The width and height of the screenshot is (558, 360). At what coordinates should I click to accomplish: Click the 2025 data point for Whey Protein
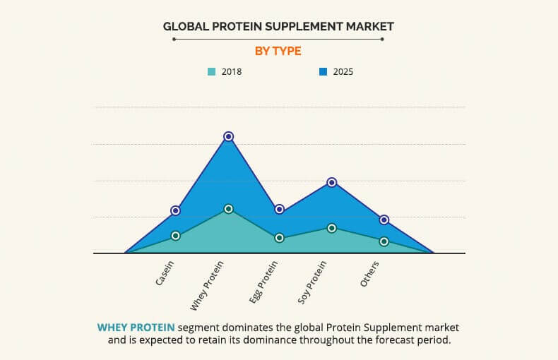(x=228, y=136)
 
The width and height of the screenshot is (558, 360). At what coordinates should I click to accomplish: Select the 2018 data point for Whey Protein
(x=228, y=209)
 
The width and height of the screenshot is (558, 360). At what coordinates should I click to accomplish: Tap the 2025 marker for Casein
(x=176, y=210)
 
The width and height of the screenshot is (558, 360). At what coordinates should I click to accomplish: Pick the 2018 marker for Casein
(x=176, y=236)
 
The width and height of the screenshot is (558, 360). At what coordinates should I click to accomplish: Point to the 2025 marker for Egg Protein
(x=280, y=209)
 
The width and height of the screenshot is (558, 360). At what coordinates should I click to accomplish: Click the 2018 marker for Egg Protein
(x=280, y=238)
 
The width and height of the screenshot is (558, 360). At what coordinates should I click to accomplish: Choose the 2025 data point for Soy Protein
(x=332, y=182)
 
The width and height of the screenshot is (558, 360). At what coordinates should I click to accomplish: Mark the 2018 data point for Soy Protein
(x=332, y=228)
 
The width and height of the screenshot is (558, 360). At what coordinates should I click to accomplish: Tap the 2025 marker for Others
(x=384, y=220)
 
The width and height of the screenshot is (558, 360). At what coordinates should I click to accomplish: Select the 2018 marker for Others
(x=384, y=241)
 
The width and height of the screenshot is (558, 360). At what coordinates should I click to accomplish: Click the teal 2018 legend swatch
(x=211, y=71)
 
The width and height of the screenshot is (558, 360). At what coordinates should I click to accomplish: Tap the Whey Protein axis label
(x=208, y=285)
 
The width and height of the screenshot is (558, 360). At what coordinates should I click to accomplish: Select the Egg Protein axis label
(x=264, y=282)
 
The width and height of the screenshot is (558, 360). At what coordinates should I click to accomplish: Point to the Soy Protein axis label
(x=313, y=282)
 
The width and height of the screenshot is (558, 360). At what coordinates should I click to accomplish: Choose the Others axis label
(x=370, y=273)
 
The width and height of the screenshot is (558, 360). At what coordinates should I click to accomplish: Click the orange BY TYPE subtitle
(x=278, y=51)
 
